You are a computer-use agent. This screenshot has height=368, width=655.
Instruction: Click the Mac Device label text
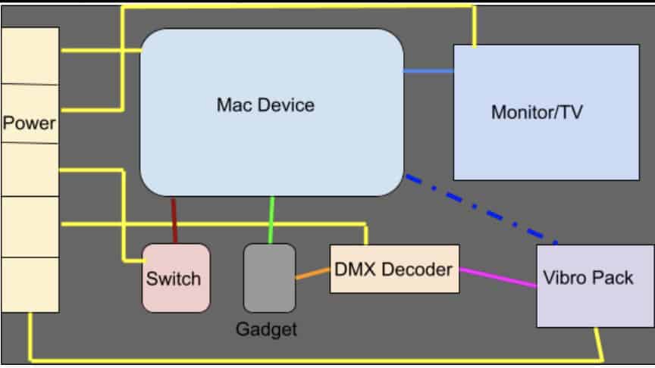coord(265,104)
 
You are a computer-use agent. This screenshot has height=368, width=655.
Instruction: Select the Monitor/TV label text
coord(537,112)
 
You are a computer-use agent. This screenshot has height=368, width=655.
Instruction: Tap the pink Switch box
coord(176,278)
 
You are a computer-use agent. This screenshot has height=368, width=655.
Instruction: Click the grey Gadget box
coord(269,278)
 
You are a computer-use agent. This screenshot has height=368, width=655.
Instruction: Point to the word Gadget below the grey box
coord(266,329)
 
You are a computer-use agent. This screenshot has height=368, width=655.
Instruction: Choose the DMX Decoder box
coord(394,269)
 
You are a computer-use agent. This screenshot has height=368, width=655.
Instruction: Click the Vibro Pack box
coord(595,286)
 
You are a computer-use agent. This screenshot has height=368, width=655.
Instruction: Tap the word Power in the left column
coord(29,123)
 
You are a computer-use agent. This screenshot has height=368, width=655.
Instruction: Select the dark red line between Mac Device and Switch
coord(174,220)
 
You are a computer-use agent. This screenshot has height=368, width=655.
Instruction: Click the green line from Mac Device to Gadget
coord(271,220)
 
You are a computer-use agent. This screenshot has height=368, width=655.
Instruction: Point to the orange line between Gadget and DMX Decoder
coord(312,273)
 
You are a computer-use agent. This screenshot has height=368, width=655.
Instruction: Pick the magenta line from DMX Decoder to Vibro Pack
coord(498,277)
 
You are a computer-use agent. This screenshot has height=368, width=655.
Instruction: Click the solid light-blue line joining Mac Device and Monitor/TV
coord(428,71)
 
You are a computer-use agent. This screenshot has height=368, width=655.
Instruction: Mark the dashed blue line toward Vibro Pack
coord(481,209)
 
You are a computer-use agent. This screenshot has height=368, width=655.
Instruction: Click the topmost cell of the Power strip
coord(30,56)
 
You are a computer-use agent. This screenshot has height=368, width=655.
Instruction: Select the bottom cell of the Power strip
coord(30,285)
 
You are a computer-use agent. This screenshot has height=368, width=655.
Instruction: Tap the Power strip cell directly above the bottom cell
coord(30,226)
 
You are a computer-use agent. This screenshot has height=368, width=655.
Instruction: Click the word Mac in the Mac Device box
coord(233,104)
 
